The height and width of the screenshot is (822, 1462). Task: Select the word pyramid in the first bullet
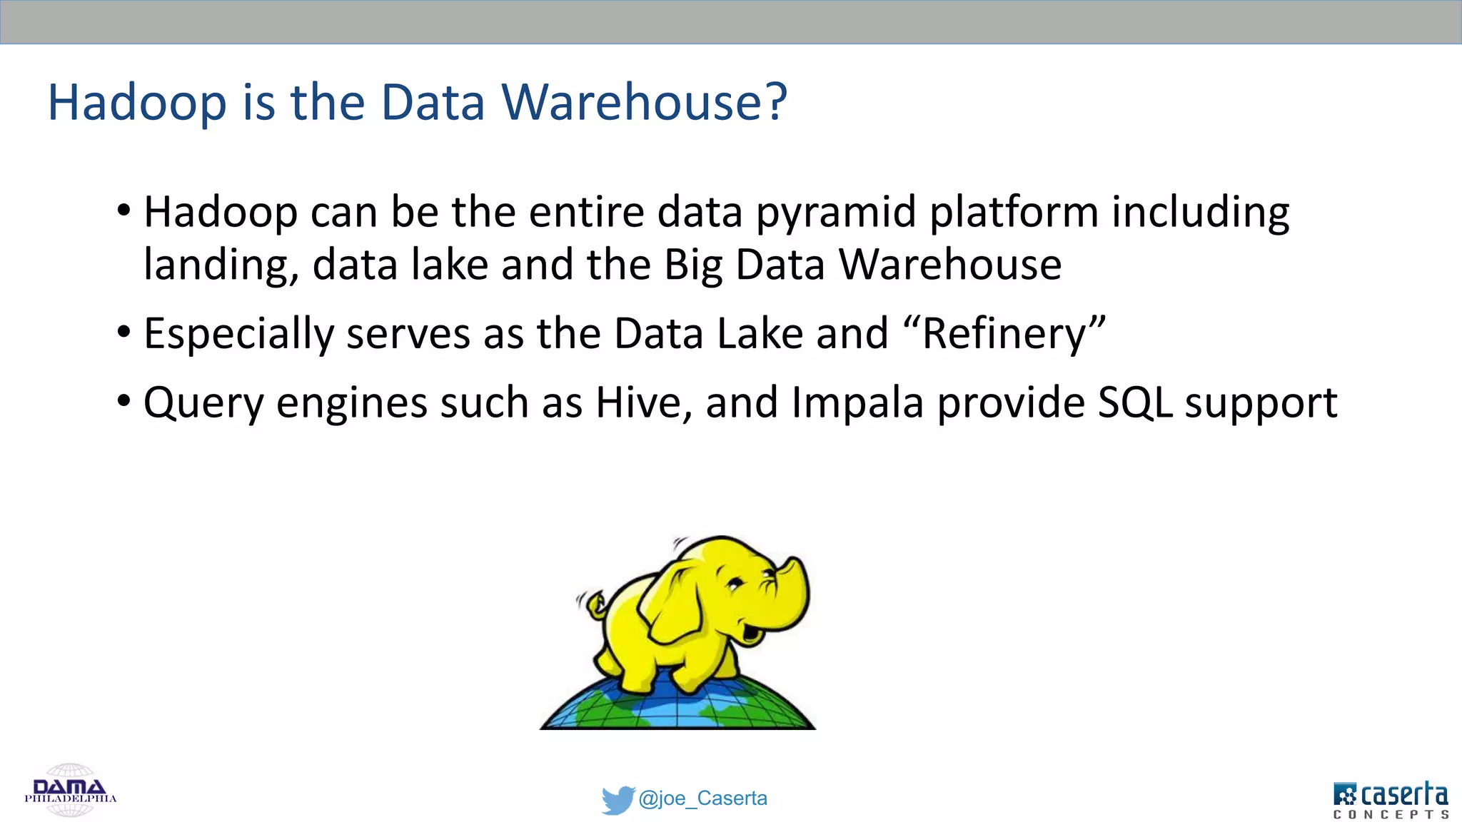point(836,213)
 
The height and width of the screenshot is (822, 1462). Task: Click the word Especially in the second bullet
point(238,334)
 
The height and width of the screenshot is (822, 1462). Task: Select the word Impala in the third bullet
point(857,402)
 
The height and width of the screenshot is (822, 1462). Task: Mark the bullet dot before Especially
point(124,332)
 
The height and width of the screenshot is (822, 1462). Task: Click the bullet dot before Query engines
point(124,400)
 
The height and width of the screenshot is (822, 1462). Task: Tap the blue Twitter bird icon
point(617,799)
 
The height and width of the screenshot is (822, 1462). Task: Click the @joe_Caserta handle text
point(703,798)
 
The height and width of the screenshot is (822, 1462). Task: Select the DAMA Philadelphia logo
point(70,791)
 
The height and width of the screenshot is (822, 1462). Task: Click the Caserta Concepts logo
point(1391,799)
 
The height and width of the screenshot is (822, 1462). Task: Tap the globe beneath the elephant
point(677,706)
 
